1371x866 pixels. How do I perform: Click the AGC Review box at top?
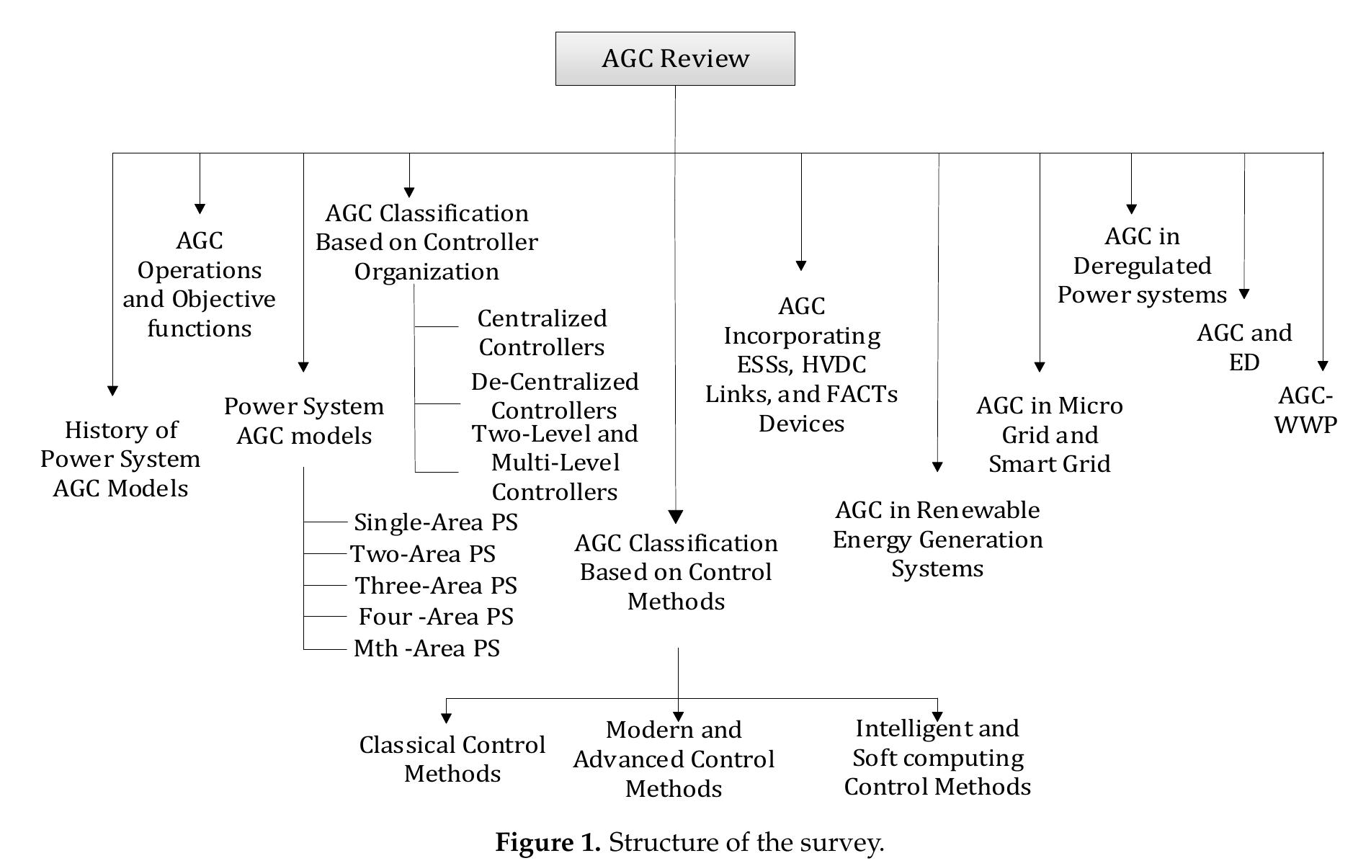(x=675, y=58)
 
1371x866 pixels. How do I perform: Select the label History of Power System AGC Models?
(x=120, y=459)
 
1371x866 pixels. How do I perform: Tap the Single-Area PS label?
(x=435, y=522)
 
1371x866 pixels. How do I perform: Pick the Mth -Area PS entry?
(x=427, y=648)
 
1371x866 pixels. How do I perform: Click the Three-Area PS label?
(x=436, y=586)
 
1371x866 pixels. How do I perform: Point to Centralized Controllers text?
(x=542, y=333)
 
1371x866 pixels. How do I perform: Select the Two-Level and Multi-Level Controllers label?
(x=555, y=463)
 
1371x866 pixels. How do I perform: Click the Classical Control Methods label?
(x=452, y=759)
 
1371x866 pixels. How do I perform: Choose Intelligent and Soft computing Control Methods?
(x=937, y=757)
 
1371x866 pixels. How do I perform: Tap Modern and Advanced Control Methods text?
(x=674, y=759)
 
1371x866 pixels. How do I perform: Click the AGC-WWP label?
(x=1305, y=410)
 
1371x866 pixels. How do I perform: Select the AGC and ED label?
(x=1244, y=347)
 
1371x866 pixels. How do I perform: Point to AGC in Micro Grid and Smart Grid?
(x=1049, y=434)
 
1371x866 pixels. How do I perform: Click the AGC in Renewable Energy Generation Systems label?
(x=937, y=539)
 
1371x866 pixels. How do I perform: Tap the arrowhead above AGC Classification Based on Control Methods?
(x=676, y=517)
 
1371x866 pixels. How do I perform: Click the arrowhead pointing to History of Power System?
(x=112, y=390)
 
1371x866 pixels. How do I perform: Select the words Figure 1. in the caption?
(x=548, y=842)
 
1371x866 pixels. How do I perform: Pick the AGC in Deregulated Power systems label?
(x=1142, y=265)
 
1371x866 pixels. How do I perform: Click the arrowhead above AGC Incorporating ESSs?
(x=801, y=265)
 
